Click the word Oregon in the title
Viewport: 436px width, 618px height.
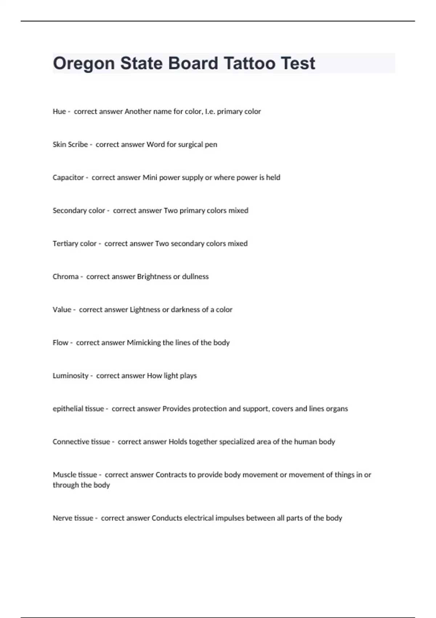pyautogui.click(x=84, y=64)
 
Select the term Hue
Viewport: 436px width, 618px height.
pyautogui.click(x=59, y=112)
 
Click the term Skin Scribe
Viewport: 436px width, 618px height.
pyautogui.click(x=70, y=145)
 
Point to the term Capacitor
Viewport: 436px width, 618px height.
pyautogui.click(x=68, y=178)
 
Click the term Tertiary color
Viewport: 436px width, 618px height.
pyautogui.click(x=74, y=244)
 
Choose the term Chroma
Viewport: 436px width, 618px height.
pyautogui.click(x=65, y=277)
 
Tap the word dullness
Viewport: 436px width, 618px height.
pyautogui.click(x=195, y=277)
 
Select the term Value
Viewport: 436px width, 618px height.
pyautogui.click(x=62, y=310)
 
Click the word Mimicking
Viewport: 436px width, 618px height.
pyautogui.click(x=144, y=343)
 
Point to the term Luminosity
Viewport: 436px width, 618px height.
pyautogui.click(x=70, y=376)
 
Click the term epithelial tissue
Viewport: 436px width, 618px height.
pyautogui.click(x=78, y=409)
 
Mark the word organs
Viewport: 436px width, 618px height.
pyautogui.click(x=337, y=409)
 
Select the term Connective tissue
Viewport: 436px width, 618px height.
pyautogui.click(x=81, y=442)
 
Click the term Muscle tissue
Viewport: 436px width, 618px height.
pyautogui.click(x=75, y=475)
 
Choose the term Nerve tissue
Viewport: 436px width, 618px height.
pyautogui.click(x=73, y=518)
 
